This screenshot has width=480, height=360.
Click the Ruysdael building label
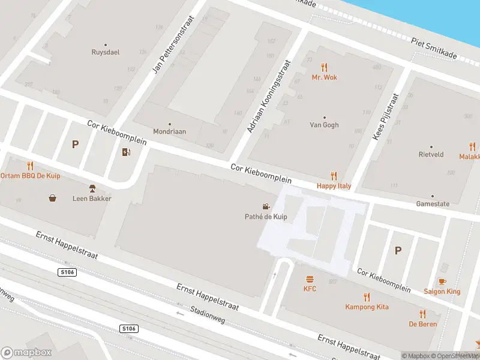(106, 52)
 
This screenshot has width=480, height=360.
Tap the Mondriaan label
(169, 131)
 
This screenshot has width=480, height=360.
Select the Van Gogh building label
(324, 125)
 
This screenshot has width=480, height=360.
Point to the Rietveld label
(431, 154)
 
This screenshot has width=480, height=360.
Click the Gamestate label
(433, 204)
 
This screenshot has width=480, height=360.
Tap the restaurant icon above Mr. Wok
(325, 67)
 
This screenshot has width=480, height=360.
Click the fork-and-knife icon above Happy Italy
(334, 176)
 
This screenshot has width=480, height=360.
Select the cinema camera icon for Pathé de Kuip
(265, 206)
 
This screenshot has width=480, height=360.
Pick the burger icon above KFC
(310, 279)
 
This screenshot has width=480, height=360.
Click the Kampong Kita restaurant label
(367, 307)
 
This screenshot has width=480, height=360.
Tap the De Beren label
(423, 324)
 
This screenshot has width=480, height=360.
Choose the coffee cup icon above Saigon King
(442, 281)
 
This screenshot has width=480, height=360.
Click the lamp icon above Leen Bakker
(92, 188)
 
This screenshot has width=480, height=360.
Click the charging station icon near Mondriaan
(126, 152)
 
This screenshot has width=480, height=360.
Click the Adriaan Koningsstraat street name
(268, 96)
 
